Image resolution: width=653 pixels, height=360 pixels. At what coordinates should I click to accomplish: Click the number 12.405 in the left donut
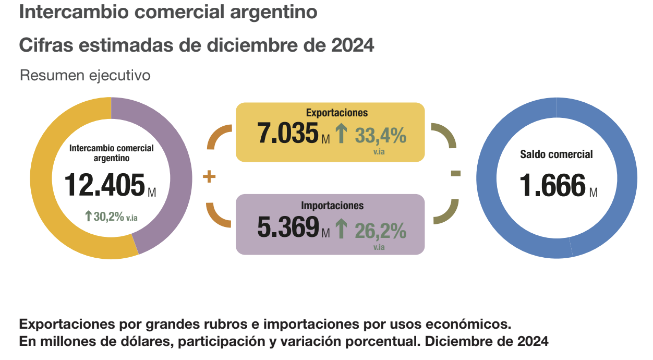click(x=104, y=185)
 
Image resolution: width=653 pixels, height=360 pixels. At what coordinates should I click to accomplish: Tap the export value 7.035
click(x=288, y=133)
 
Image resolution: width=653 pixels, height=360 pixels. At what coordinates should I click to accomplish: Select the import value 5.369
click(x=288, y=226)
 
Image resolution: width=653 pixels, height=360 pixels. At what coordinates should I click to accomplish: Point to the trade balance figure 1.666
click(x=553, y=185)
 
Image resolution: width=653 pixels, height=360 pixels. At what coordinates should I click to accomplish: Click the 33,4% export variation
click(x=380, y=136)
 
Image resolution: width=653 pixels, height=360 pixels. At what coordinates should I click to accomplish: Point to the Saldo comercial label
click(x=557, y=154)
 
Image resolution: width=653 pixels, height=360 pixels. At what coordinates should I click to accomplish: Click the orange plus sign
click(x=209, y=177)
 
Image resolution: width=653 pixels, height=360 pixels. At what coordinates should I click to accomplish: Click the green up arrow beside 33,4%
click(x=341, y=134)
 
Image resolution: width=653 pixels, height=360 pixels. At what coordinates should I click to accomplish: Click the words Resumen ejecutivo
click(x=85, y=76)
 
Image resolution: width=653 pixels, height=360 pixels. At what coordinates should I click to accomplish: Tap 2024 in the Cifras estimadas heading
click(x=353, y=45)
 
